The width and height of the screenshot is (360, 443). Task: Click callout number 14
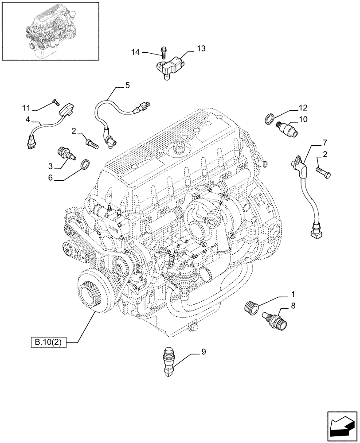pyautogui.click(x=135, y=52)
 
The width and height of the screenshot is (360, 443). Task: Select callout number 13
pyautogui.click(x=201, y=49)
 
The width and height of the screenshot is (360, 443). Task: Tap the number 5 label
pyautogui.click(x=127, y=85)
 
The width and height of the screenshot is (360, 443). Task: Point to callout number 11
pyautogui.click(x=27, y=108)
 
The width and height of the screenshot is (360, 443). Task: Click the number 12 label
pyautogui.click(x=303, y=108)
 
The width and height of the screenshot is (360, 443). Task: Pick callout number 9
pyautogui.click(x=203, y=353)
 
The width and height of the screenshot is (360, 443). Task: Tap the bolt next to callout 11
pyautogui.click(x=55, y=101)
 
